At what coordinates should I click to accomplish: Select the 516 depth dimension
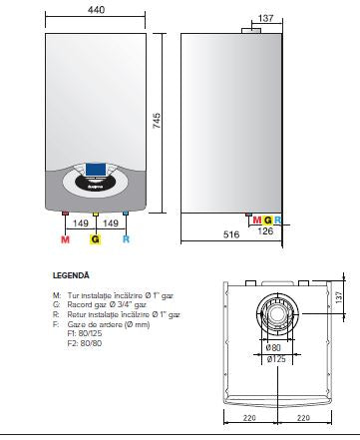click(x=232, y=232)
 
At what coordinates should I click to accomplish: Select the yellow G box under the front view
click(x=96, y=240)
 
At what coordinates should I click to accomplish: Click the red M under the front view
click(x=65, y=240)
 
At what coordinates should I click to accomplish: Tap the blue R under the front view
click(x=125, y=240)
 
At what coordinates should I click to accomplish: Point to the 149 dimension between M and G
click(x=80, y=225)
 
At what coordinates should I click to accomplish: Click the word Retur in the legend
click(x=74, y=314)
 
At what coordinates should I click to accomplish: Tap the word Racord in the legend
click(x=77, y=304)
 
